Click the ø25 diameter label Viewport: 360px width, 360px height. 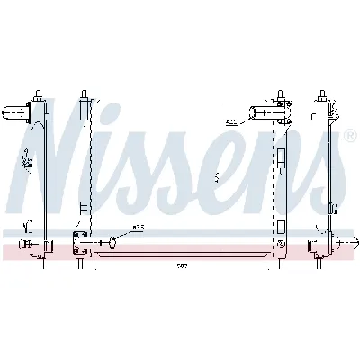point(138,228)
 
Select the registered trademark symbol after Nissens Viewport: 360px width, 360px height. point(348,137)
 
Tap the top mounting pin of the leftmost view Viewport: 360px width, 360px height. point(40,94)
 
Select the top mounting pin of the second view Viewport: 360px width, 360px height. point(83,94)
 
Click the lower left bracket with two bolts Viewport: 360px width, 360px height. point(79,241)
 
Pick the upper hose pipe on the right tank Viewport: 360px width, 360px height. point(266,112)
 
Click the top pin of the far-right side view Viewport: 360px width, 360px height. point(322,94)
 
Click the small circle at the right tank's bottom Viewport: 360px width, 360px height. point(281,244)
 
